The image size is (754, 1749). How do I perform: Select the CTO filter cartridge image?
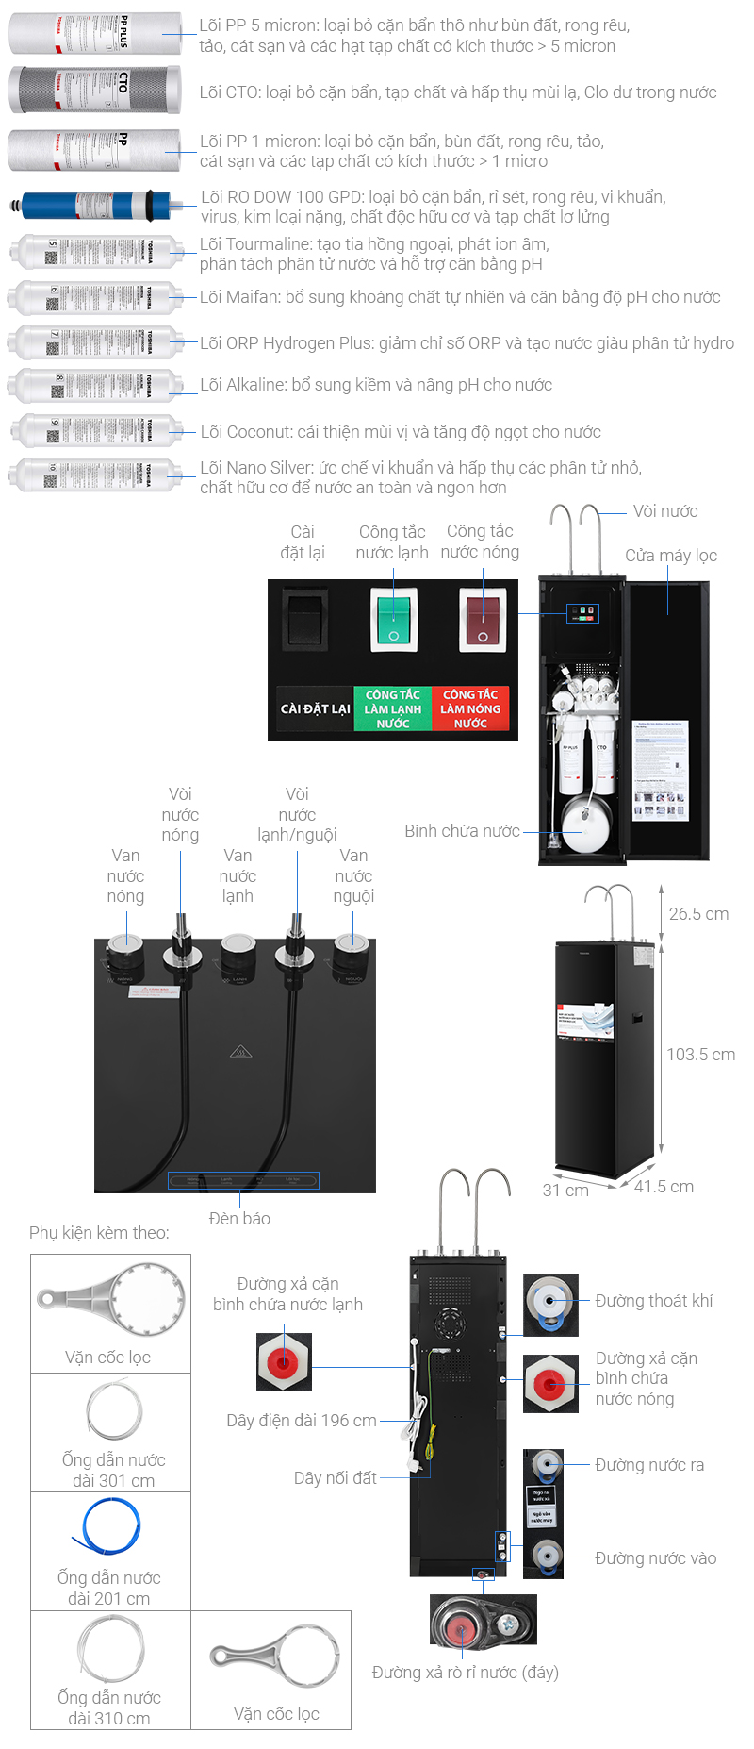click(x=94, y=90)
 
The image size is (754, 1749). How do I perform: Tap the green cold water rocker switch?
click(x=393, y=619)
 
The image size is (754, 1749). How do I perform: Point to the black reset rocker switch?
click(x=305, y=619)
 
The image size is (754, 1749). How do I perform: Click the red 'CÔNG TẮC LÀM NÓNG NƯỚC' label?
click(x=470, y=708)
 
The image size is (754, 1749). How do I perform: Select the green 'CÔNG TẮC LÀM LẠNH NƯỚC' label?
click(x=392, y=708)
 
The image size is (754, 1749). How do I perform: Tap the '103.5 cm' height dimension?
click(x=700, y=1055)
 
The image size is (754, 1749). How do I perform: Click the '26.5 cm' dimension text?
click(x=698, y=914)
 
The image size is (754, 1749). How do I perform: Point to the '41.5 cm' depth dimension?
click(x=664, y=1187)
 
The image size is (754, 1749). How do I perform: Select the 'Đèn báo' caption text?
click(x=239, y=1219)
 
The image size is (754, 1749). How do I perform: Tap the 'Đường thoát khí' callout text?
click(x=653, y=1301)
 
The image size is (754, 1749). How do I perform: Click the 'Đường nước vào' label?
click(x=655, y=1558)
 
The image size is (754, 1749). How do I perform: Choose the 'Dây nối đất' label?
click(x=335, y=1478)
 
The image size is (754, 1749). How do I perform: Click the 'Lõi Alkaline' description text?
click(x=375, y=385)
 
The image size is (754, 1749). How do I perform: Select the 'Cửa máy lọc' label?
click(x=671, y=556)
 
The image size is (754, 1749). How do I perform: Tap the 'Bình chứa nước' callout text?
click(x=462, y=831)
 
